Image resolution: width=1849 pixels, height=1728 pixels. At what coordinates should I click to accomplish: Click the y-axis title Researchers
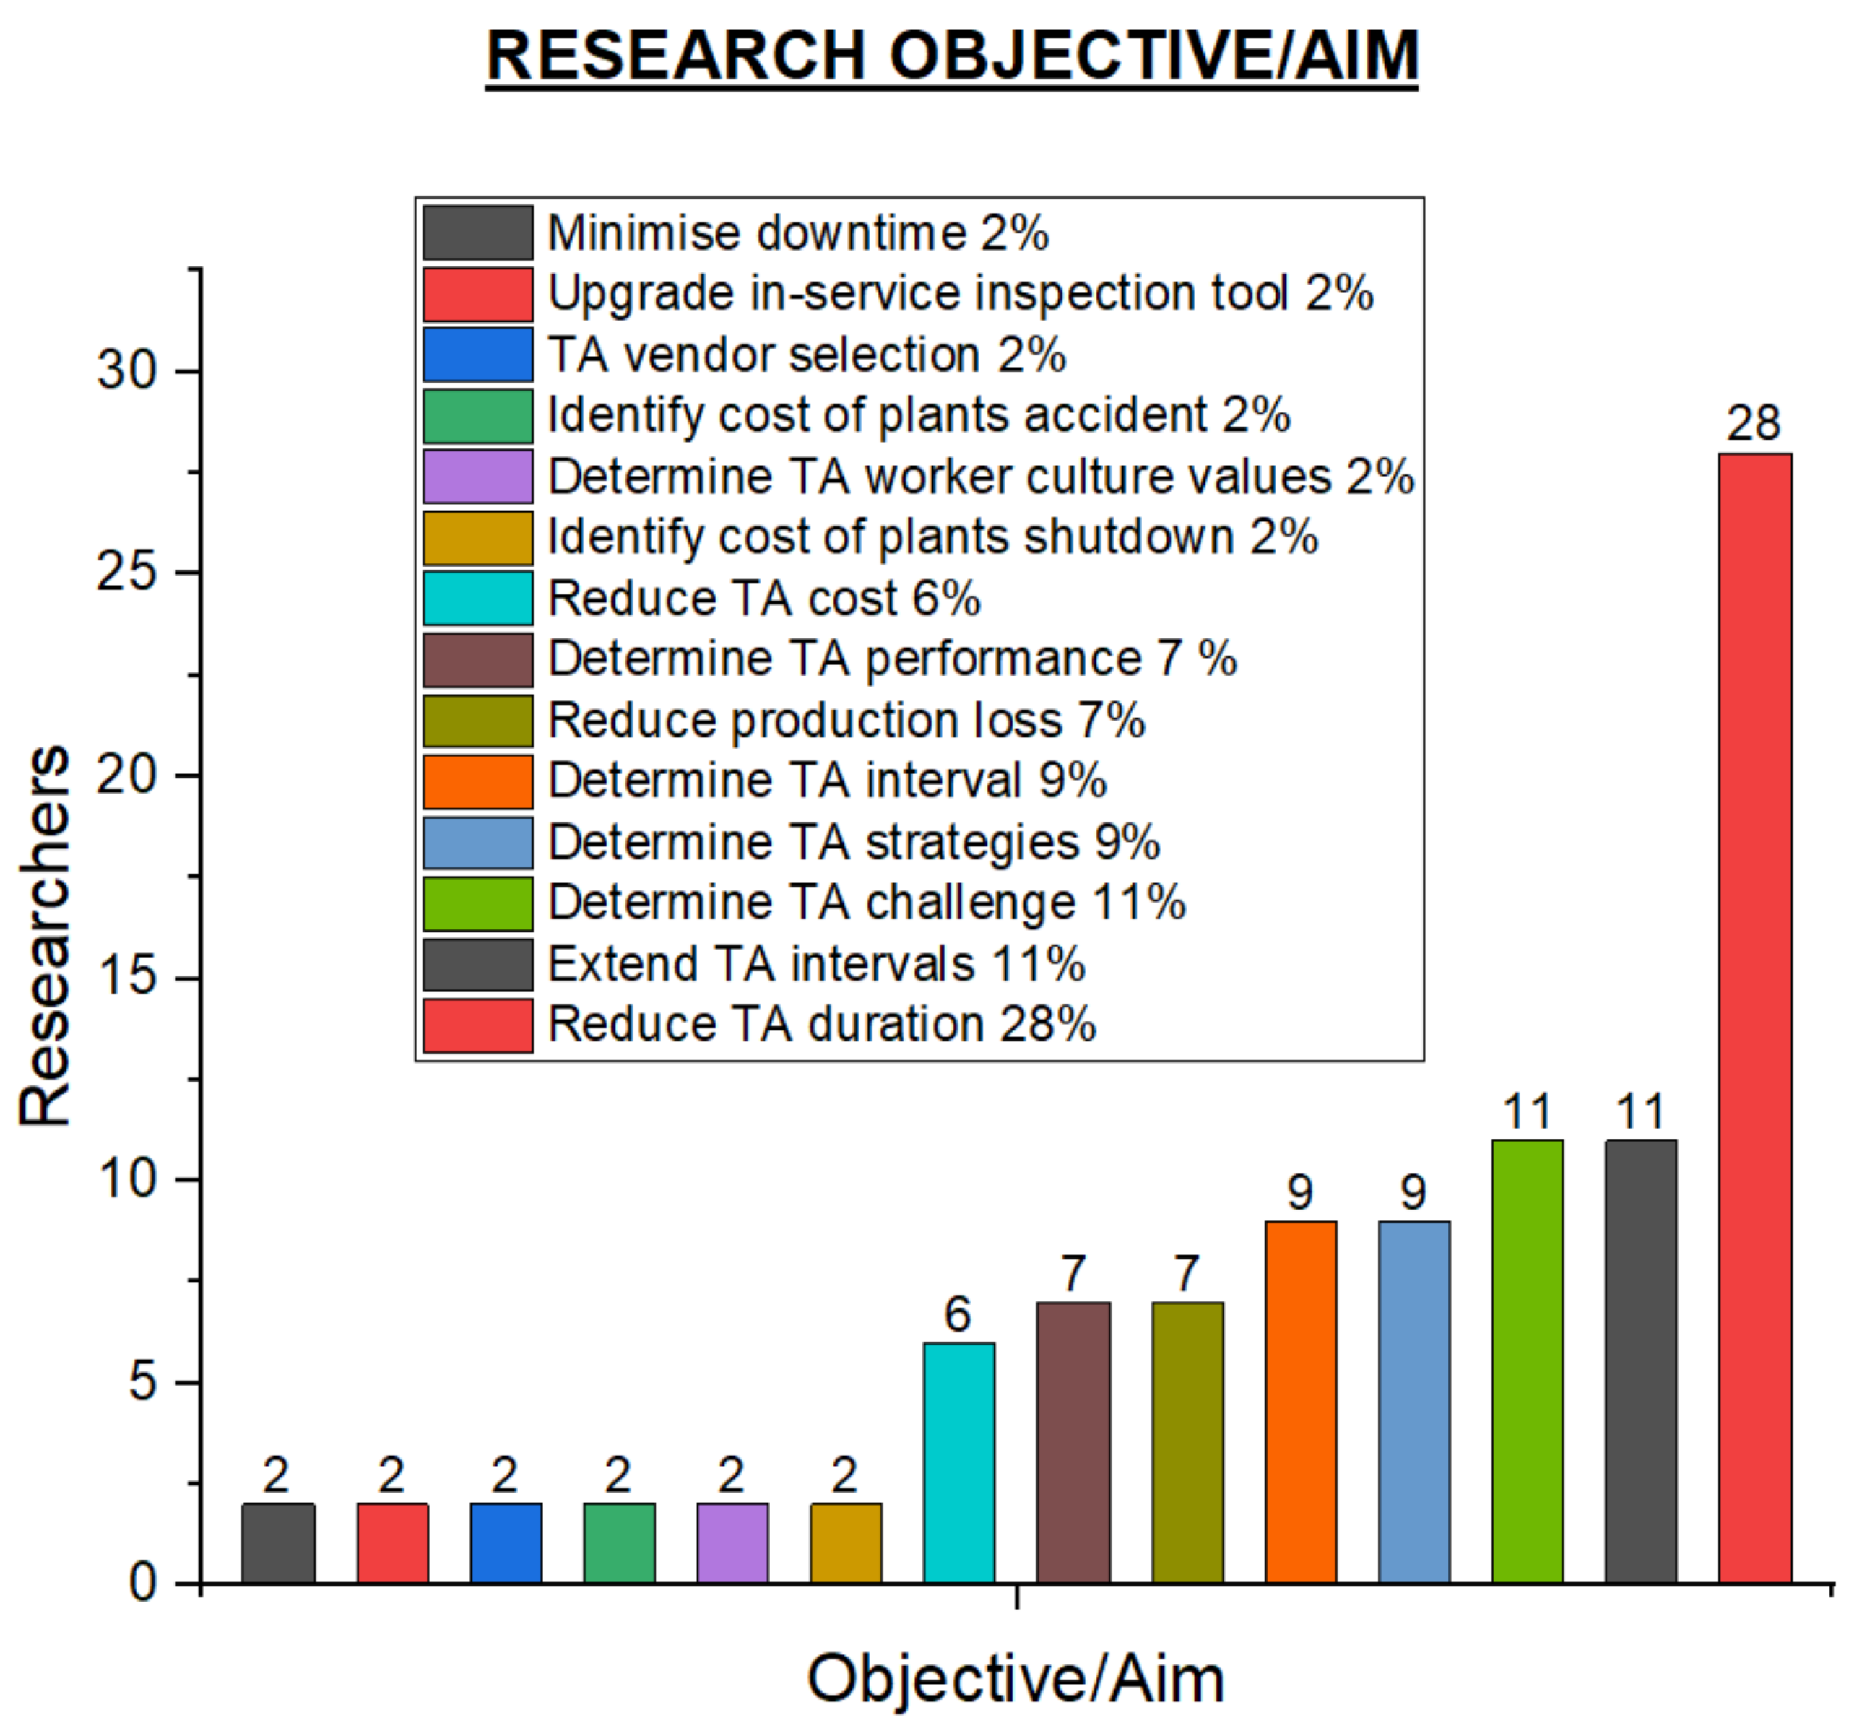tap(45, 934)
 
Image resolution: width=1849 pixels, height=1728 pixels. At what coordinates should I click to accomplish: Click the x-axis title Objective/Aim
tap(1015, 1680)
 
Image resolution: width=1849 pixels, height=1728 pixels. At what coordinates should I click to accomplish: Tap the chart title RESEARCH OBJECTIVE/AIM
tap(951, 56)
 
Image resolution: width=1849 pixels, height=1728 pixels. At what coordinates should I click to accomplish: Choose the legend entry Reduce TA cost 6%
tap(763, 598)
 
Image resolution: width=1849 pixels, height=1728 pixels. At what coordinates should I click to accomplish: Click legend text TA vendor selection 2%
tap(806, 355)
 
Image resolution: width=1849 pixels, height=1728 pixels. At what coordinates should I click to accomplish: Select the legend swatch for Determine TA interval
tap(478, 781)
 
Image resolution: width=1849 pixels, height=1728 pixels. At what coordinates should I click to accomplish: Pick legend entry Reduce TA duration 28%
tap(821, 1024)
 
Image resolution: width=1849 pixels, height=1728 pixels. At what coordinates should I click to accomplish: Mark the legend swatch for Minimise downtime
tap(478, 233)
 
